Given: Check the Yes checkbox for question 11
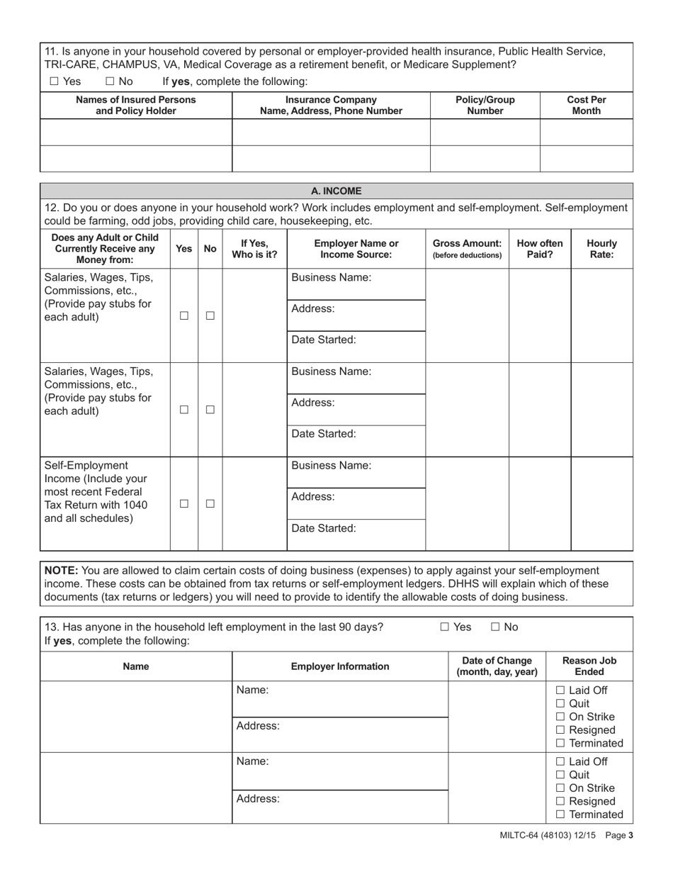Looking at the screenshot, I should [55, 82].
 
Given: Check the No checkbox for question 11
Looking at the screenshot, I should [110, 82].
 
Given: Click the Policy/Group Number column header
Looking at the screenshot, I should [485, 105].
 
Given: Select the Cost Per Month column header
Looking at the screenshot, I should [586, 105].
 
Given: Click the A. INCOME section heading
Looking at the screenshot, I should [336, 191].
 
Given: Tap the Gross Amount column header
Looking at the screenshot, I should [467, 249].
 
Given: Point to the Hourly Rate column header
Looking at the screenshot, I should [601, 249].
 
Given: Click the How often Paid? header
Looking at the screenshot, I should [539, 249].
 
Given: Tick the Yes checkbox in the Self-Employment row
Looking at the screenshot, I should [184, 504].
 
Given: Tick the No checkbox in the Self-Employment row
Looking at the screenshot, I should [210, 504].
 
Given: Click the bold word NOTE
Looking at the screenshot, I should [62, 570].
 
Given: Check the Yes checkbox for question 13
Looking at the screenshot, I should [445, 627].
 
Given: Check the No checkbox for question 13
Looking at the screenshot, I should [495, 627].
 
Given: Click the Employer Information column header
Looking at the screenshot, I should [340, 666].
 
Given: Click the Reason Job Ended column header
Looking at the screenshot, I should [589, 666].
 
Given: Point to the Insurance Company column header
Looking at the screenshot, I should [331, 105].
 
